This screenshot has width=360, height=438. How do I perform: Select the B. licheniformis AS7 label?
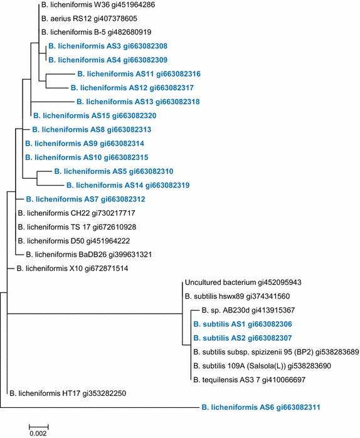pos(84,199)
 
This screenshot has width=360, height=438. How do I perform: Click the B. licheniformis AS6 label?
pos(262,408)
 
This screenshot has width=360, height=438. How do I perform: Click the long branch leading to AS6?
pos(100,408)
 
